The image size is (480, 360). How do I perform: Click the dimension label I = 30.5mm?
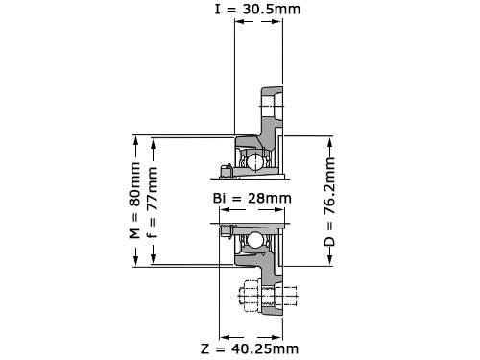[257, 9]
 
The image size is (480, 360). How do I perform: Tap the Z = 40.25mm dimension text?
[250, 348]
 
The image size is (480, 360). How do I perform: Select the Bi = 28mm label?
[252, 198]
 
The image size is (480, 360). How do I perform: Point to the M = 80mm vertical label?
[134, 201]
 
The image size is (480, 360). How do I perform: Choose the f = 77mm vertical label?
[152, 203]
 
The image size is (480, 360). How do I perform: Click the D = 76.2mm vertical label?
[329, 202]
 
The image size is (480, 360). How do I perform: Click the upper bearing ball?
[254, 161]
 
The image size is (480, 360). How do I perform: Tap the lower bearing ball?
[254, 240]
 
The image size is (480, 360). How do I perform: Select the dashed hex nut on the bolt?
[250, 296]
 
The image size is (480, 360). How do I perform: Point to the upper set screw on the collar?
[226, 171]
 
